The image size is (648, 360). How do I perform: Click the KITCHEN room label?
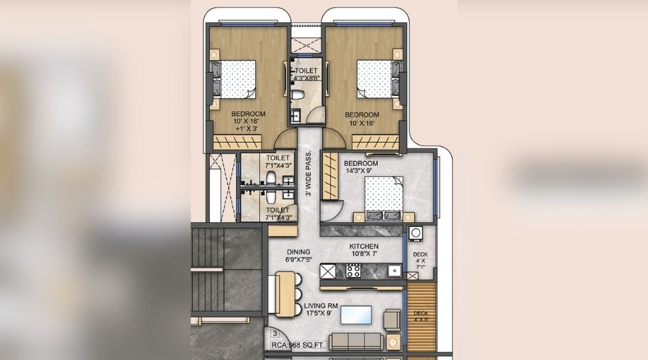tap(363, 247)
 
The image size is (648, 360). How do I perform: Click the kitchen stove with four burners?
tap(353, 270)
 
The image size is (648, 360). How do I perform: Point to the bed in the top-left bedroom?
tap(235, 80)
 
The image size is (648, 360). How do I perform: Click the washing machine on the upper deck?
tap(416, 235)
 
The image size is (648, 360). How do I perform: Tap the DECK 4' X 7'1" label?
tap(420, 260)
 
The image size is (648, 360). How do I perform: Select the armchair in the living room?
tap(393, 320)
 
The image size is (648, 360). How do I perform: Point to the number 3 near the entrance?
tap(274, 335)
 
